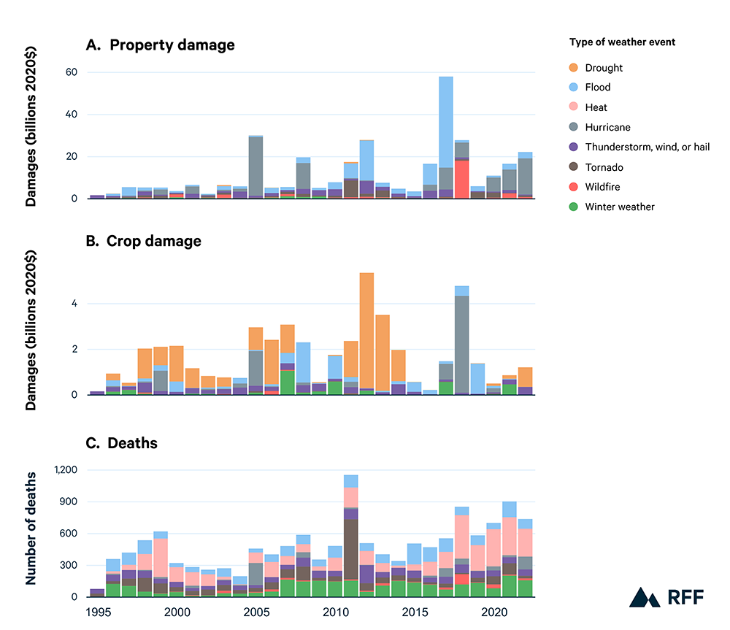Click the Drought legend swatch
point(575,68)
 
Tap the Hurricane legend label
point(606,127)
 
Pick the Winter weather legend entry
point(620,207)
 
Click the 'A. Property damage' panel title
point(161,45)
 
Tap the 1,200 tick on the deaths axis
point(67,470)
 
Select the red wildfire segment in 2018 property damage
point(461,179)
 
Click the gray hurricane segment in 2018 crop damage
point(461,343)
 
